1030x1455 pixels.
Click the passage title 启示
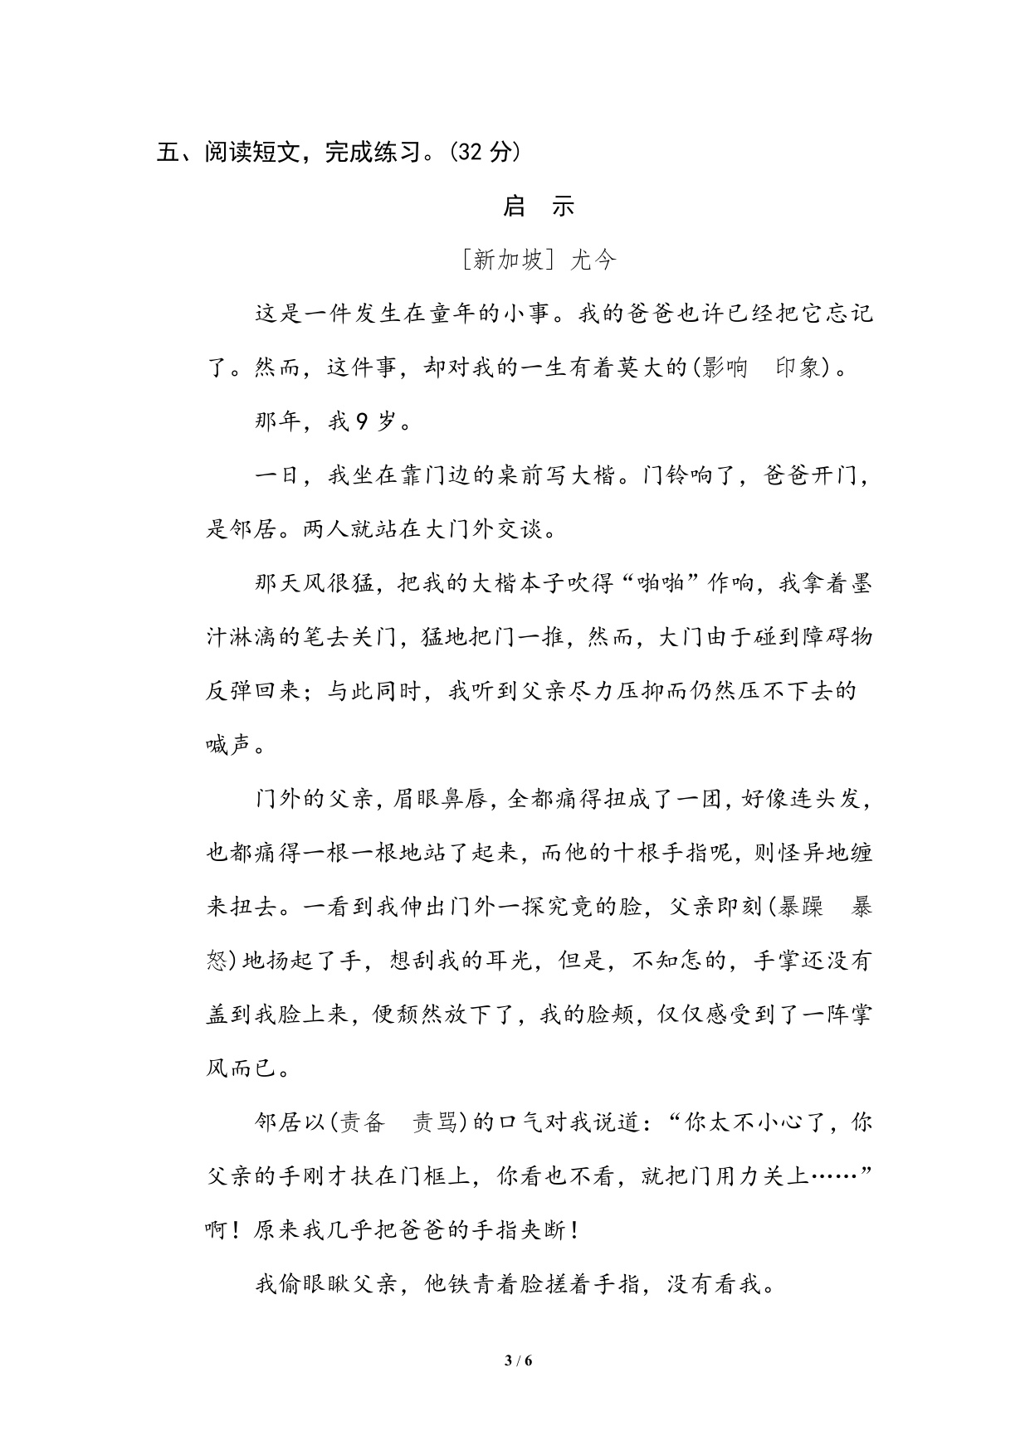pos(539,206)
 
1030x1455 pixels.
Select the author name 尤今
pos(594,260)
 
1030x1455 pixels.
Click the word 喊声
pos(229,745)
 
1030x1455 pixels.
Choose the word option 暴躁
pos(800,907)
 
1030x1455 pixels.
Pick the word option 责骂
pos(436,1122)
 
